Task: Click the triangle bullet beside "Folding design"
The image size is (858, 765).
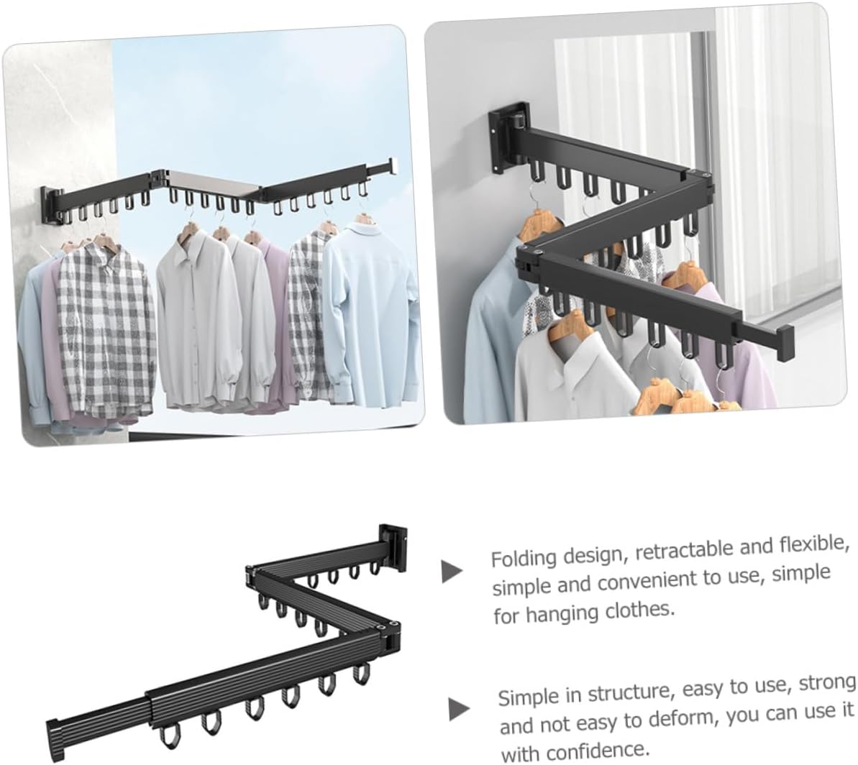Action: click(452, 571)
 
